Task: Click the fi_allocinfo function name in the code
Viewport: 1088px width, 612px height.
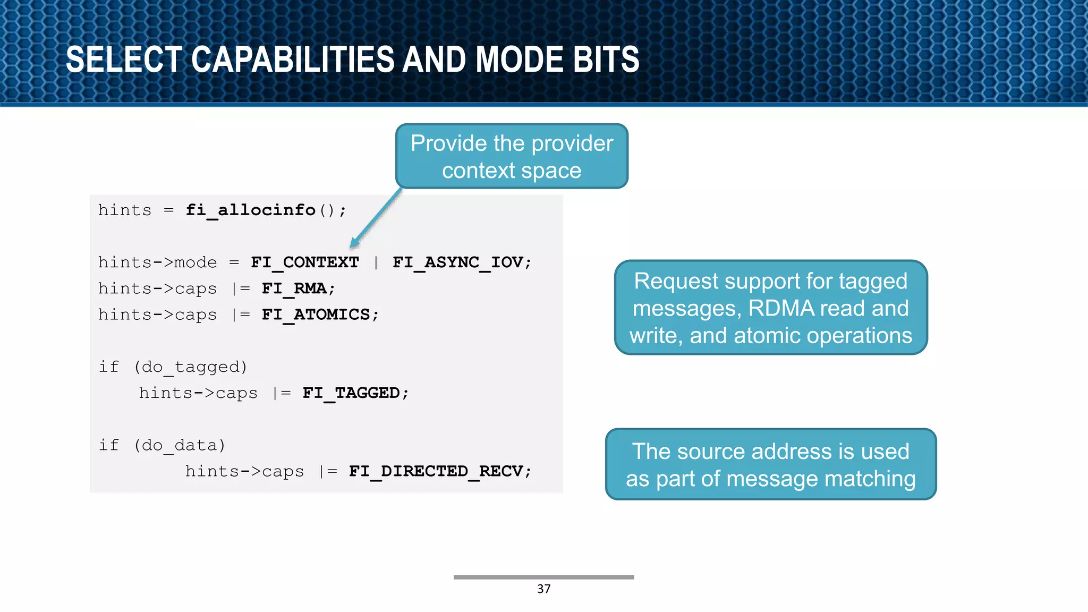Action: (x=250, y=210)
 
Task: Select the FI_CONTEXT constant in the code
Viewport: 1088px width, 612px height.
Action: (x=305, y=262)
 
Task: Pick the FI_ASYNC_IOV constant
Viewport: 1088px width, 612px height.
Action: (x=458, y=262)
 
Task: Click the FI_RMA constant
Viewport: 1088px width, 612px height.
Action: (x=294, y=288)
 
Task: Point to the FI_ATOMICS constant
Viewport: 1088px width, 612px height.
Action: (x=316, y=314)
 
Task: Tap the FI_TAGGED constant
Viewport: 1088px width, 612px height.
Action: (x=351, y=393)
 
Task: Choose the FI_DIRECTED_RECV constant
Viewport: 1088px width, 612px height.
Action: (x=436, y=471)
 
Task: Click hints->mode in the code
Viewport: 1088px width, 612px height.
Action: (x=157, y=262)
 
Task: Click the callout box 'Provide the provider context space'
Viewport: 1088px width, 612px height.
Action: (x=512, y=156)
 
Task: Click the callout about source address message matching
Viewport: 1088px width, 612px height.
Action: (x=770, y=464)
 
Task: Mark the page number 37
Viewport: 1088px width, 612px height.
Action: (x=543, y=589)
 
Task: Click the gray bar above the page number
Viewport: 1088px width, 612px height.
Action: (x=543, y=577)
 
